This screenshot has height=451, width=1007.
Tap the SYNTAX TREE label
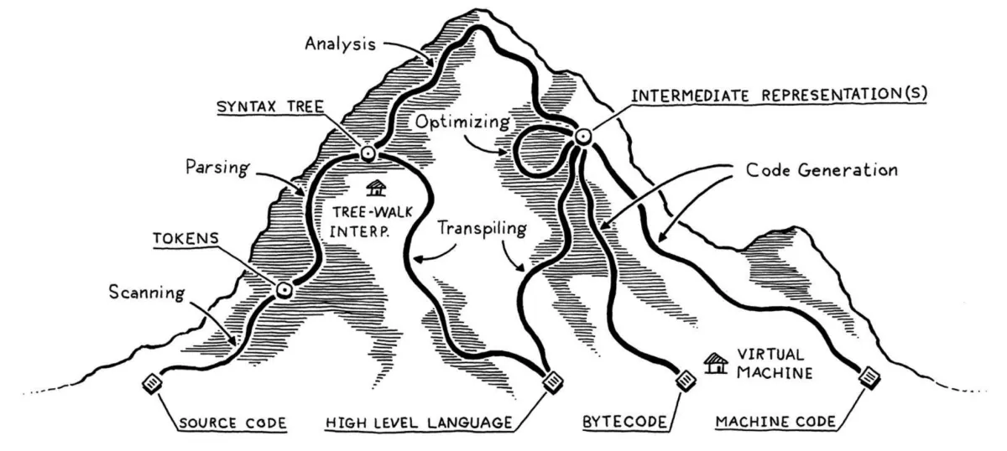[270, 107]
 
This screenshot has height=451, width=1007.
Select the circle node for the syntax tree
[368, 154]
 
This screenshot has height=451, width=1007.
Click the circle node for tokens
[284, 290]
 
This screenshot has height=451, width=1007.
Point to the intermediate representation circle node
[582, 136]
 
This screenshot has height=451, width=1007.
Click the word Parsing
[217, 168]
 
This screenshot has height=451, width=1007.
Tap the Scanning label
[147, 293]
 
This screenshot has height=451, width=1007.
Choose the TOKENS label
[186, 239]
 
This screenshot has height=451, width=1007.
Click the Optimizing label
[462, 122]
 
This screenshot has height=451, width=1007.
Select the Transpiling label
[483, 229]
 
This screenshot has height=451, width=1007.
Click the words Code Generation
[822, 170]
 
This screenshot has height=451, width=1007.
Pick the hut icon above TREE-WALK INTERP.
[376, 188]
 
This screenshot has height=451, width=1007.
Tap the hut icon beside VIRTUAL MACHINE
[716, 364]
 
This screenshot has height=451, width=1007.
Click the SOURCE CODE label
[233, 423]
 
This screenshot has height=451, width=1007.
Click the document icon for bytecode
[686, 381]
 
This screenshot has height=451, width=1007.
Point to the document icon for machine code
[870, 378]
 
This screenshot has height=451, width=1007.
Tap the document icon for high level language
[553, 382]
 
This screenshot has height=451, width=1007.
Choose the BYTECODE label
[625, 422]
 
